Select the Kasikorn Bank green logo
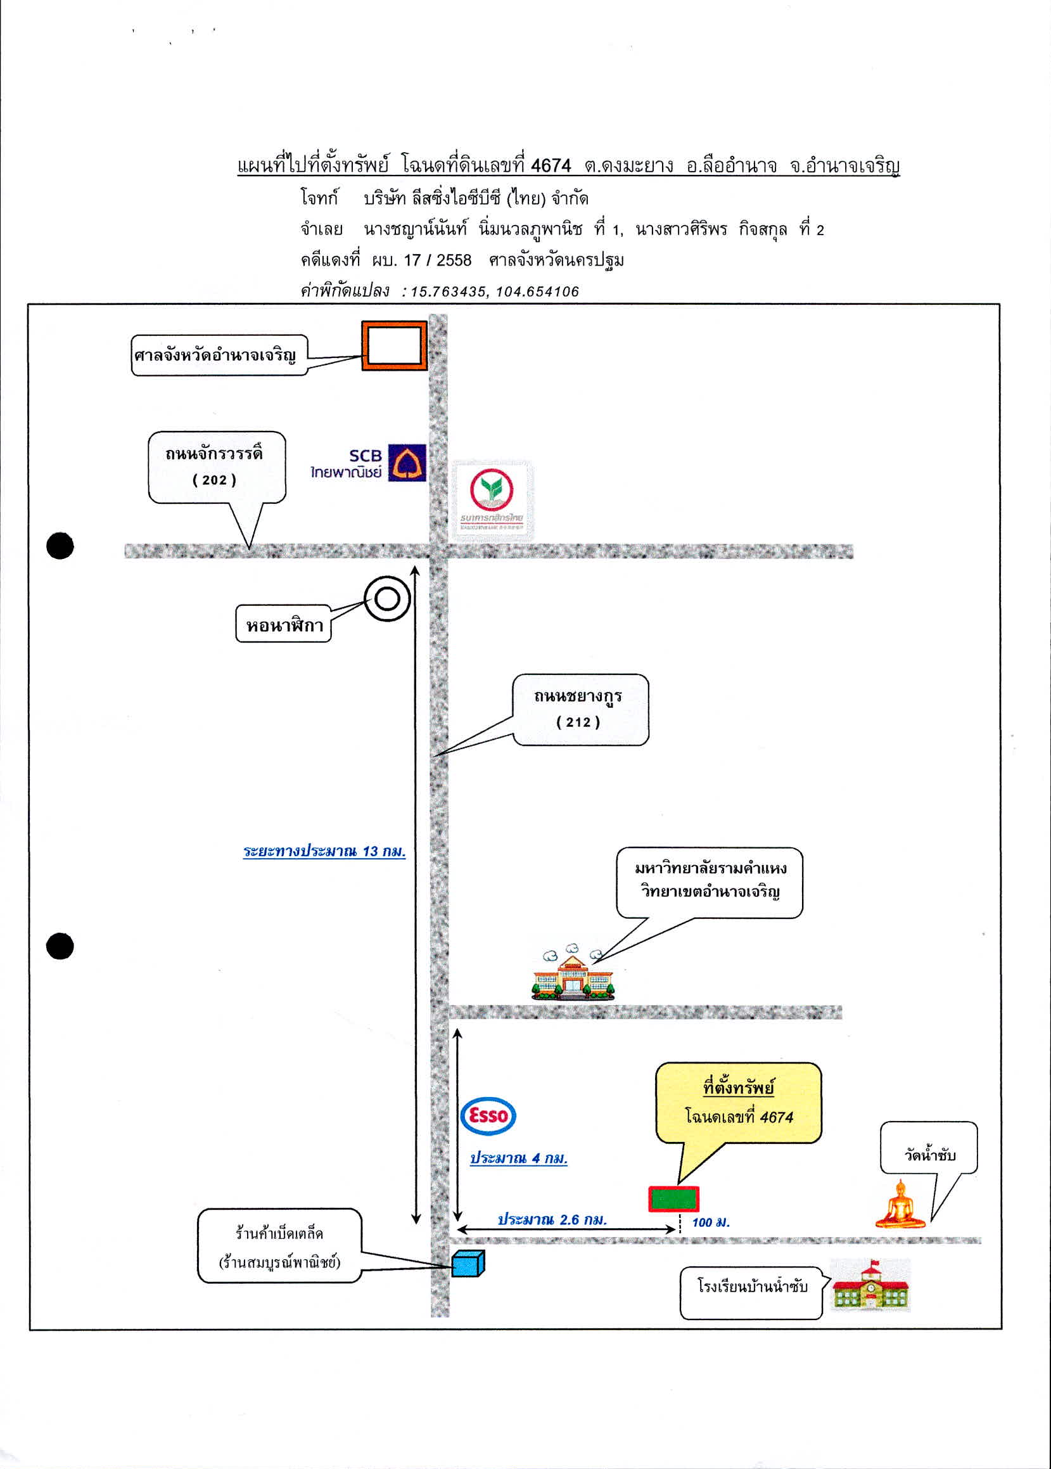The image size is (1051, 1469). (492, 500)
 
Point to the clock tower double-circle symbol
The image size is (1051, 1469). (387, 599)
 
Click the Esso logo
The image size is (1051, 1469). (488, 1116)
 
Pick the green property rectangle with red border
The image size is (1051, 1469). (673, 1199)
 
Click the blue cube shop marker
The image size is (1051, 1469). (468, 1263)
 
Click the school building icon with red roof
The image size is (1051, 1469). (870, 1285)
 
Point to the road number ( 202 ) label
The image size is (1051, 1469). (214, 480)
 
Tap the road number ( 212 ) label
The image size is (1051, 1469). (578, 722)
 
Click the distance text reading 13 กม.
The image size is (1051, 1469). (384, 850)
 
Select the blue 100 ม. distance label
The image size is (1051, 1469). (711, 1222)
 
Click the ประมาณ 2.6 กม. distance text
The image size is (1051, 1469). (552, 1220)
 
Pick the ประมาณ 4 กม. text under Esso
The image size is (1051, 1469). (518, 1158)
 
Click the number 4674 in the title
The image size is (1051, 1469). (551, 166)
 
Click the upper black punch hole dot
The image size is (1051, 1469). (60, 546)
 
